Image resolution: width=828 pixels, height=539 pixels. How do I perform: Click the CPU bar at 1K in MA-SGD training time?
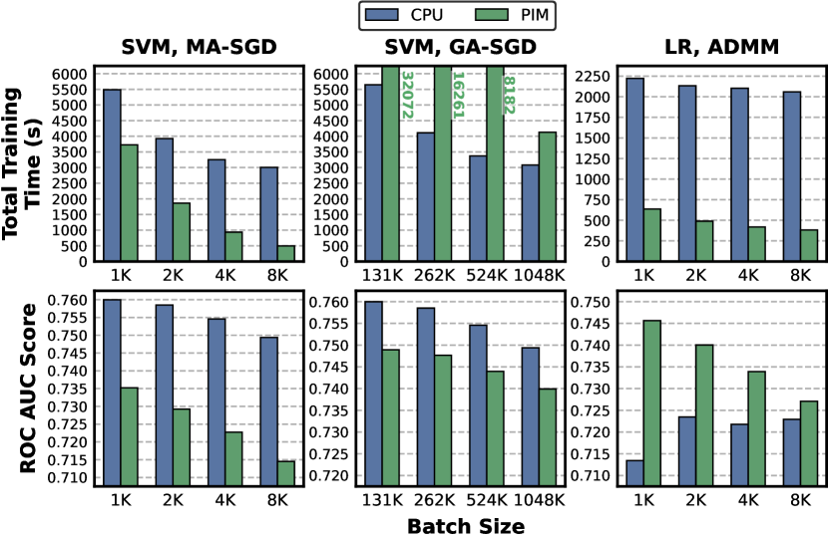112,175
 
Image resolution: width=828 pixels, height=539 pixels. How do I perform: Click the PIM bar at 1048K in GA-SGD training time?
548,196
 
